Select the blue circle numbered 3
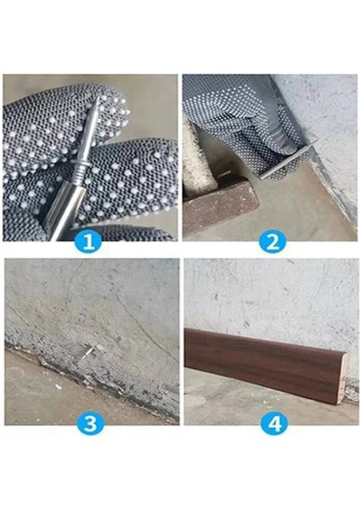coord(89,422)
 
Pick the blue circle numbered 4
coord(272,422)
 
